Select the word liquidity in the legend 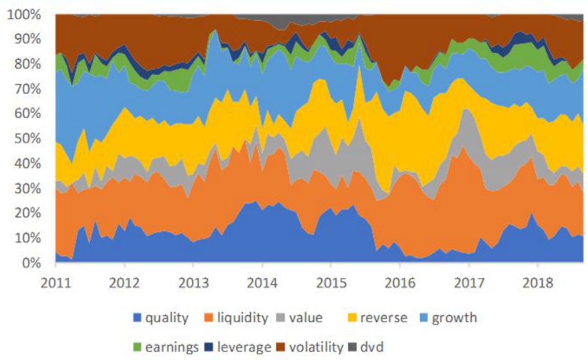click(x=244, y=319)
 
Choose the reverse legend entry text click(x=384, y=319)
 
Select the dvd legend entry click(x=373, y=348)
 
